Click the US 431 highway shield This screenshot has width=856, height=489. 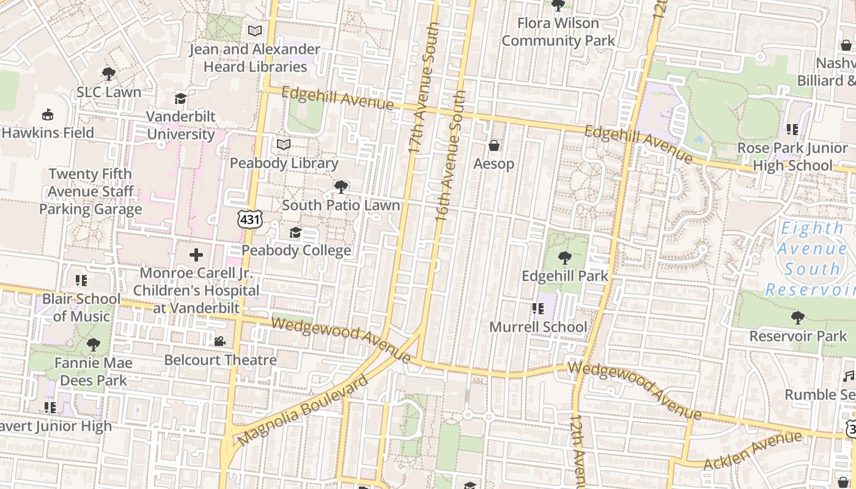pos(251,219)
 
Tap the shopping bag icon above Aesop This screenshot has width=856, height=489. pos(494,145)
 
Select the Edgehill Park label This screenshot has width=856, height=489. pos(565,276)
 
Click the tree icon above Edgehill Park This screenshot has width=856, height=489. pos(565,257)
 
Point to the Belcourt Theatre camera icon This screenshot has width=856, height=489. pos(220,341)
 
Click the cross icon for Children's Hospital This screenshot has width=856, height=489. pos(196,254)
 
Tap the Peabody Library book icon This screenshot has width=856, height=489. pos(283,145)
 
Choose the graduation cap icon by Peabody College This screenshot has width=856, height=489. pos(295,232)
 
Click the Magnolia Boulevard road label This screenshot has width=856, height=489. pos(303,410)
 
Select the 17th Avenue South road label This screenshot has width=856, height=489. pos(424,89)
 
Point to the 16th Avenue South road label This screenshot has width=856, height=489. pos(451,156)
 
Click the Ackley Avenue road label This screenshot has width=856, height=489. pos(752,451)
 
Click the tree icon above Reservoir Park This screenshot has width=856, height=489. pos(797,317)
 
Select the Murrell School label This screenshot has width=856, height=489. pos(538,327)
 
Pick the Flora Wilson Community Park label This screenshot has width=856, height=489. pos(558,32)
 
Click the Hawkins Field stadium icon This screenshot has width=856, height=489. pos(48,114)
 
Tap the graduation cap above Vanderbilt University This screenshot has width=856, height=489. pos(180,98)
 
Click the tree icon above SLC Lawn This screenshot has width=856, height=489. pos(109,74)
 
